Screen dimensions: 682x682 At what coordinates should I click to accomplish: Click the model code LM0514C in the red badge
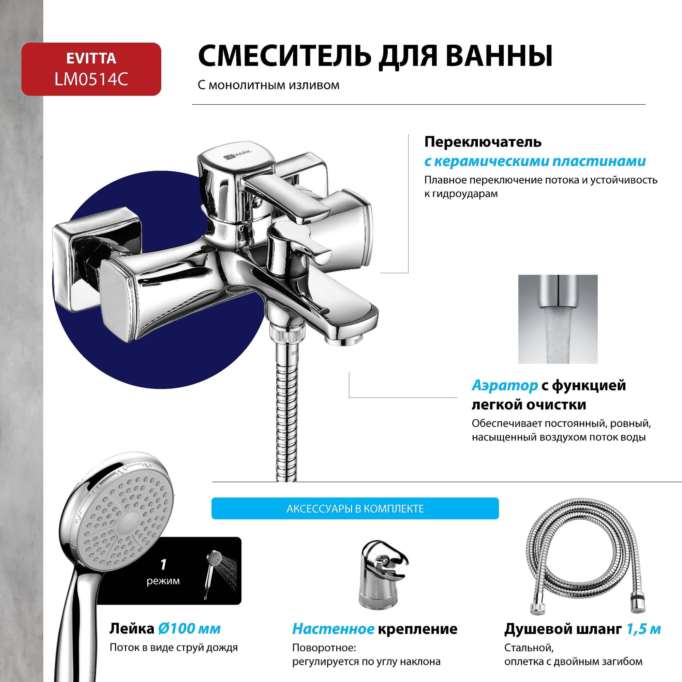coord(91,79)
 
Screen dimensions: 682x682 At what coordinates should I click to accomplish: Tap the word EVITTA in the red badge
coord(91,59)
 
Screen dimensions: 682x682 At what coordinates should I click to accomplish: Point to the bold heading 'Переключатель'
coord(483,142)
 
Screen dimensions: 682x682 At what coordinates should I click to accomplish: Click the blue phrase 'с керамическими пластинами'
coord(535,161)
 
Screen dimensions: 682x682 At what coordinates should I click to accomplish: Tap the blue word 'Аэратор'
coord(504,385)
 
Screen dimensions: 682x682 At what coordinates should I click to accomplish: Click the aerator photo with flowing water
coord(558,319)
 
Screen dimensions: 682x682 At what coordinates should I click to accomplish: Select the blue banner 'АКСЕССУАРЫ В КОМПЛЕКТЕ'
coord(355,509)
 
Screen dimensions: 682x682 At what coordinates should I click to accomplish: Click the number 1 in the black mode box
coord(163,565)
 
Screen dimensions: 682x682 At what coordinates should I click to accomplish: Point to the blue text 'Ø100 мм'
coord(189,629)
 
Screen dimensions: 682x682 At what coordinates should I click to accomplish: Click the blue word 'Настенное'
coord(333,629)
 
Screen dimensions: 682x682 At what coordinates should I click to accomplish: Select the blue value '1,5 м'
coord(643,629)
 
